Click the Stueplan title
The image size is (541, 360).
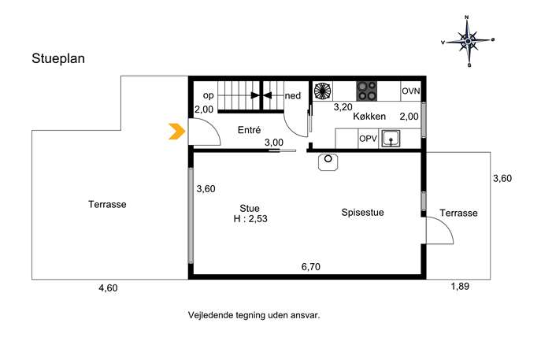pos(58,58)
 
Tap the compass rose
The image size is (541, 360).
pos(468,41)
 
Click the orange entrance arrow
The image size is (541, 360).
pos(176,132)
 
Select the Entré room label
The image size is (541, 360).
pos(249,130)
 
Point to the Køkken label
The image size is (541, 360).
pos(369,117)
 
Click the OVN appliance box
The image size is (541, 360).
pos(410,91)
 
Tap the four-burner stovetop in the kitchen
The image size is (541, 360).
pos(367,91)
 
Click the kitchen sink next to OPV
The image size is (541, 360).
pos(391,139)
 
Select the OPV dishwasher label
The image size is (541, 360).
pos(368,139)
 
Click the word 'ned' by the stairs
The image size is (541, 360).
pos(293,95)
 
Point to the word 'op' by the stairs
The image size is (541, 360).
pos(209,95)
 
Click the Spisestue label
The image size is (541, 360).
pos(362,212)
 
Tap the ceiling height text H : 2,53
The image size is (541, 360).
pos(250,219)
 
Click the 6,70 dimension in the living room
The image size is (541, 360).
pos(311,267)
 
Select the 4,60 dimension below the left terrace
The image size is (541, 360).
pos(108,288)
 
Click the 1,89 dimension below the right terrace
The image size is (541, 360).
pos(460,287)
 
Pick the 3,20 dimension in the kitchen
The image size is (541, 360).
pos(343,107)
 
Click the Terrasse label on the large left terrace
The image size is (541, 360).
pos(107,204)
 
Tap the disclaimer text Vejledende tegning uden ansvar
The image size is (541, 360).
pos(254,315)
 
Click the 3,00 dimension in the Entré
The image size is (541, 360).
pos(274,143)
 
